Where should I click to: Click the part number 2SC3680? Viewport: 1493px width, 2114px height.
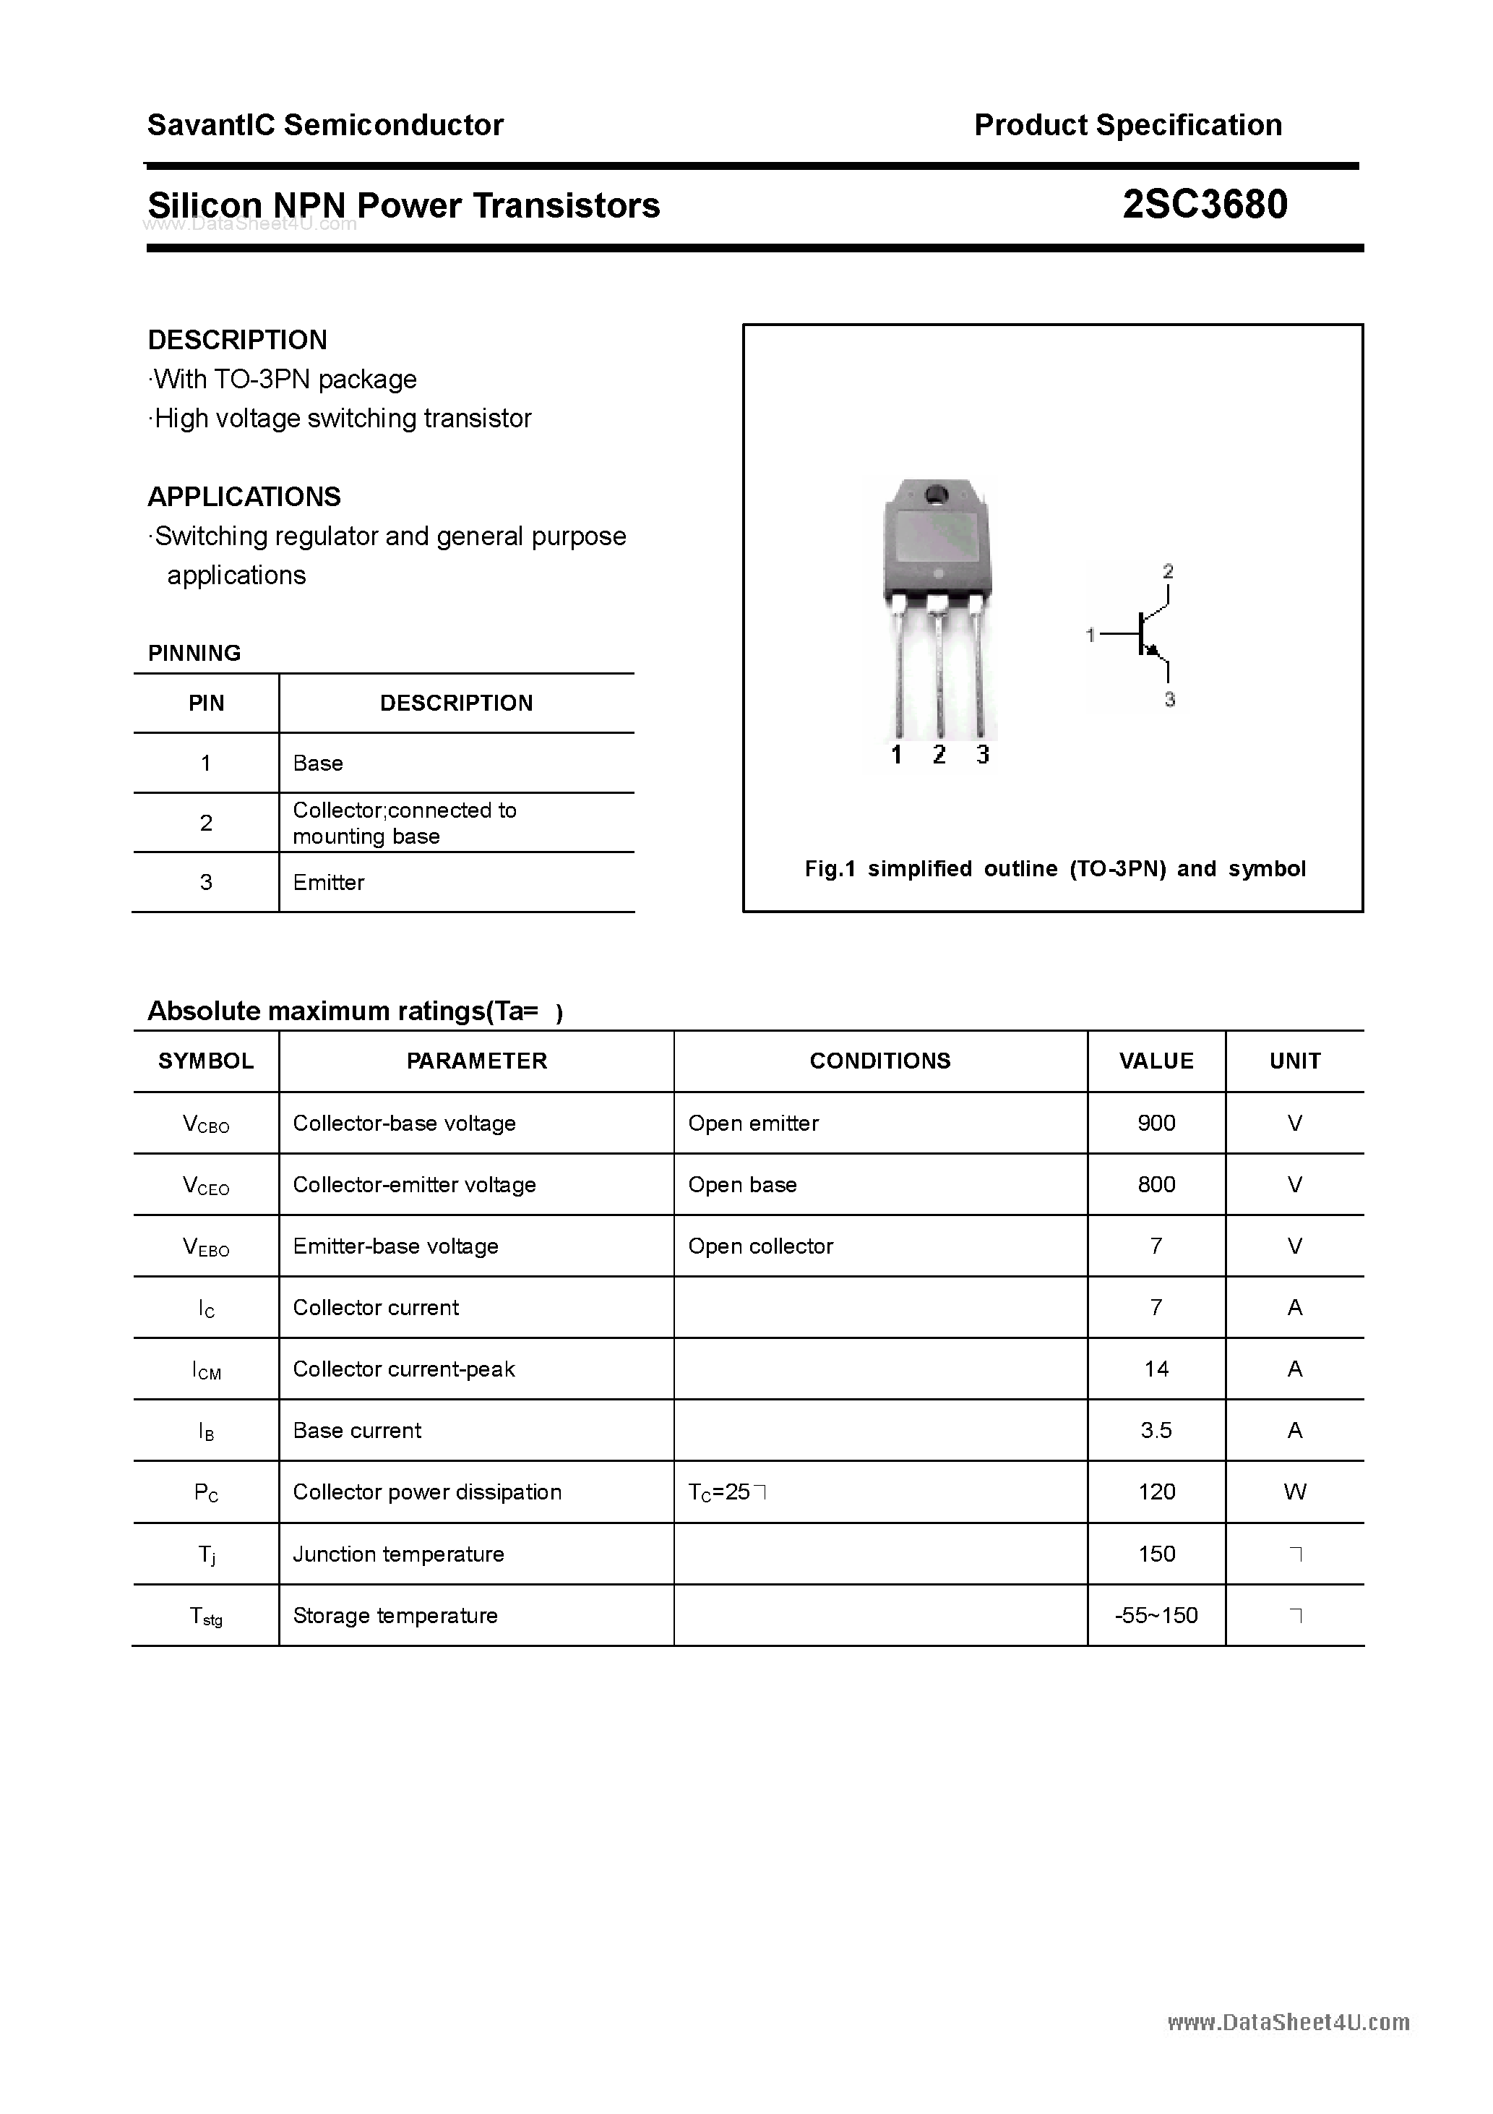pos(1204,205)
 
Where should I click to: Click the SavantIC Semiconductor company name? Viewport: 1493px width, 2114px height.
pos(325,124)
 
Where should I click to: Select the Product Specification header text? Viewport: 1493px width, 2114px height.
pos(1127,124)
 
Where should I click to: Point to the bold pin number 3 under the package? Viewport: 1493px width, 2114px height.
pos(983,755)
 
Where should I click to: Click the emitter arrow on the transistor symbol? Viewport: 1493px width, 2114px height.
pos(1151,650)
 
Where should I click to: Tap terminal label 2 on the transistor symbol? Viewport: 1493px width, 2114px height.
pos(1168,572)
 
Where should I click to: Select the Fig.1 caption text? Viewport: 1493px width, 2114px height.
pos(1055,868)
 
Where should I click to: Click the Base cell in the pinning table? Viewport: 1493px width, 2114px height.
pos(317,763)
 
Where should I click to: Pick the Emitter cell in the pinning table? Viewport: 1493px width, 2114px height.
pos(329,882)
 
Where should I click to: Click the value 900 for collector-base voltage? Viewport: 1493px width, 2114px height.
pos(1156,1122)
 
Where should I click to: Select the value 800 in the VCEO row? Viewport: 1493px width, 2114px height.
pos(1156,1184)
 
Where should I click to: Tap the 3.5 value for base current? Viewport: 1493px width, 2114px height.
pos(1156,1430)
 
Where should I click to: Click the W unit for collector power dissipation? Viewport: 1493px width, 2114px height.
pos(1294,1492)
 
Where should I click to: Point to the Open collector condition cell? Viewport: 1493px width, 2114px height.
pos(760,1246)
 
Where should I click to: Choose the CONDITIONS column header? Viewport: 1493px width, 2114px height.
pos(880,1061)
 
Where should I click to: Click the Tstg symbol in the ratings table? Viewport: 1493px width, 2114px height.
pos(205,1616)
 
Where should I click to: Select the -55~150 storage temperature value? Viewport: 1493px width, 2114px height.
pos(1156,1615)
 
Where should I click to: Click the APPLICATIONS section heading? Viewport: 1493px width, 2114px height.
pos(244,497)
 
